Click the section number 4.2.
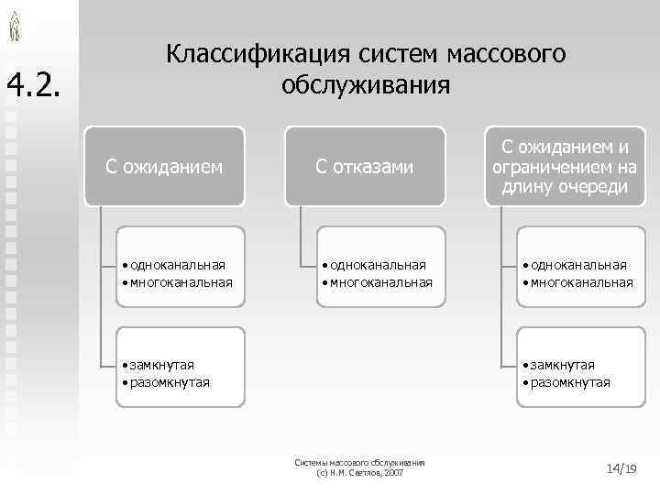point(34,86)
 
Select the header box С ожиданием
point(164,166)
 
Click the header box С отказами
point(365,166)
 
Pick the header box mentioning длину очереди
point(564,166)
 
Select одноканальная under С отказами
point(378,265)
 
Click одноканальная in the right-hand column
point(578,265)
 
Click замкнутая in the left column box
point(162,365)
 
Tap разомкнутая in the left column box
point(170,381)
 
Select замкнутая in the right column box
point(562,365)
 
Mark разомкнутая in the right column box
point(569,381)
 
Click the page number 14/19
point(621,468)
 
